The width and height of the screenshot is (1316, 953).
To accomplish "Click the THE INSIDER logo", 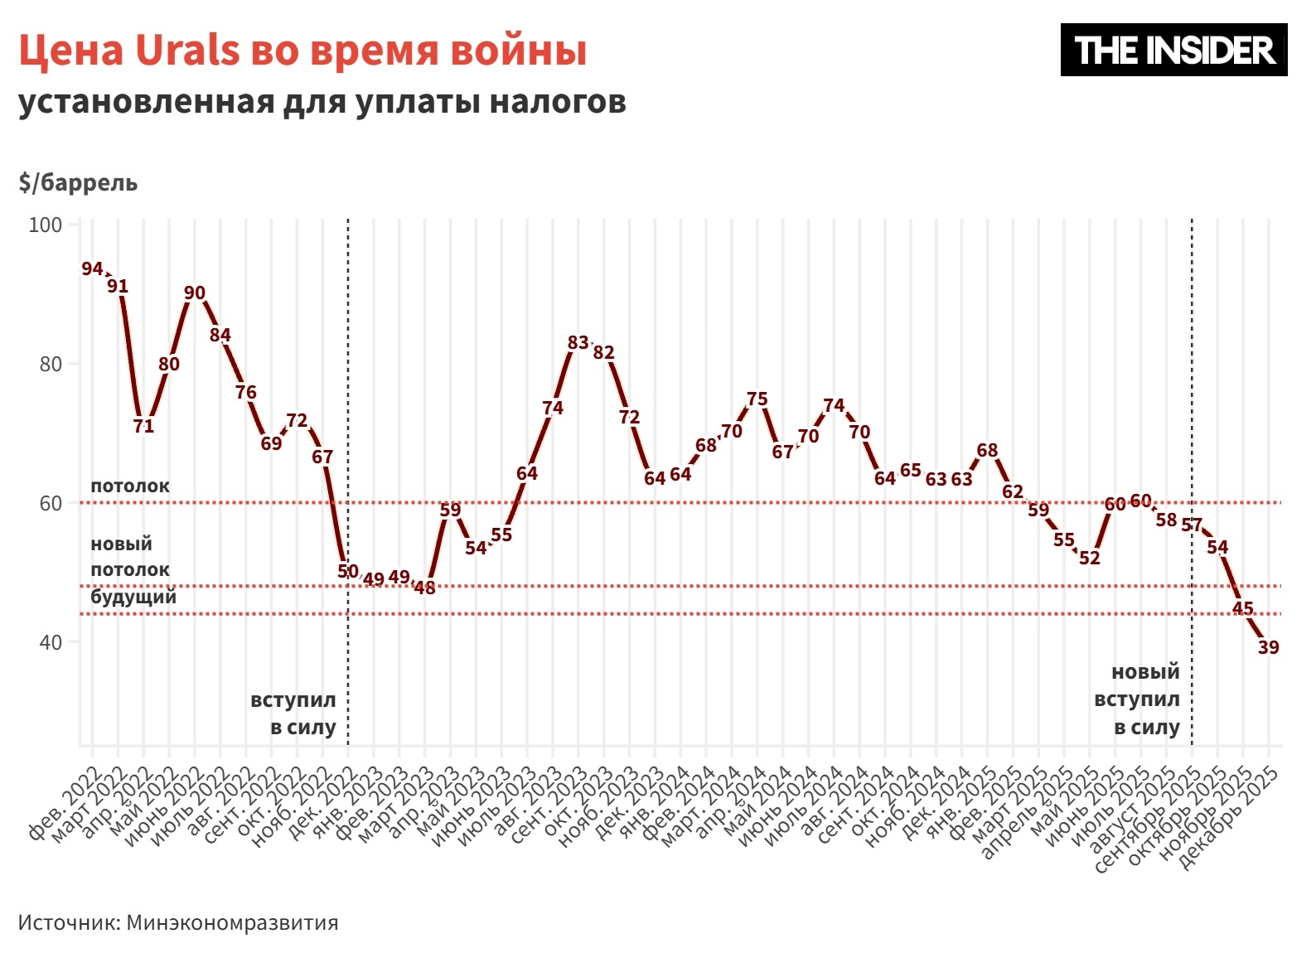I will click(1173, 50).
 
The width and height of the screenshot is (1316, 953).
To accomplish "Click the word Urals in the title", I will click(187, 50).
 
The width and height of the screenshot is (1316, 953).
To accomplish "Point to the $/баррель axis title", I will click(78, 182).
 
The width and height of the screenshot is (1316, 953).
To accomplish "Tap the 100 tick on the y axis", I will click(46, 225).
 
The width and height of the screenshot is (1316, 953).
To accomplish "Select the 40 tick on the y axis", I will click(51, 642).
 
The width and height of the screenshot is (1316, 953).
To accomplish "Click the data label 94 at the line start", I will click(92, 269).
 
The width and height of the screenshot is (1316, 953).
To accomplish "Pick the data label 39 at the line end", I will click(1268, 647).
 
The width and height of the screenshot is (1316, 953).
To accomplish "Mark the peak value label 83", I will click(578, 342).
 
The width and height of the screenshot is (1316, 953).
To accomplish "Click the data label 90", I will click(195, 293).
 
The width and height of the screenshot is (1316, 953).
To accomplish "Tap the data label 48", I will click(424, 588).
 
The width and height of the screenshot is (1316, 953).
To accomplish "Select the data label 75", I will click(757, 399).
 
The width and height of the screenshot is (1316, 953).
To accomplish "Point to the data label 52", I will click(1089, 559).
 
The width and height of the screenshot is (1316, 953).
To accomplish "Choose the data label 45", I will click(1242, 608).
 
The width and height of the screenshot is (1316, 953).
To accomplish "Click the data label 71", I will click(143, 426).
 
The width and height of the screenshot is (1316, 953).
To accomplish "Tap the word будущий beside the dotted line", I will click(133, 597).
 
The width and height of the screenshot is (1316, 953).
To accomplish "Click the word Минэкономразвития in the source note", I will click(232, 923).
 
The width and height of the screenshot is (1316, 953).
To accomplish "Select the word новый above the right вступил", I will click(1144, 672).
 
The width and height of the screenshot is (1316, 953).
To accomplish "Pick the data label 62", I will click(1013, 491).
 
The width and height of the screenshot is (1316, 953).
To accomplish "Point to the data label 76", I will click(245, 392).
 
